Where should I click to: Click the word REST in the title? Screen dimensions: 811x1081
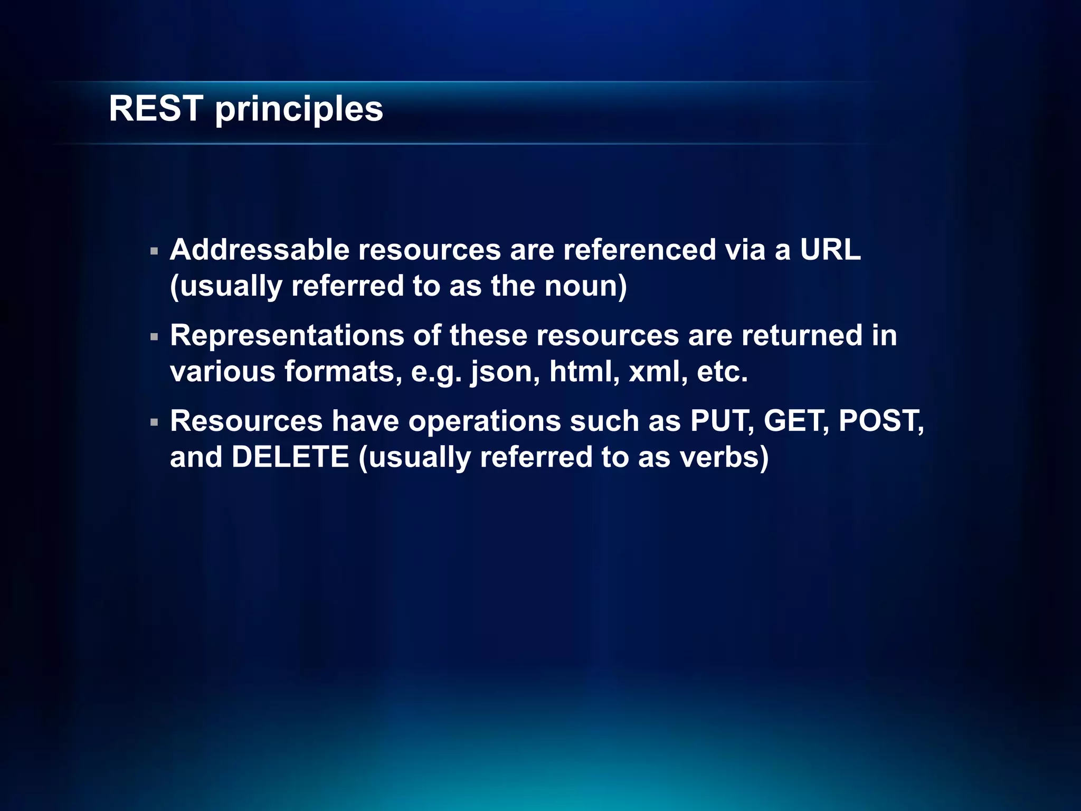tap(156, 109)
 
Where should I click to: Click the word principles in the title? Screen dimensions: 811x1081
tap(299, 111)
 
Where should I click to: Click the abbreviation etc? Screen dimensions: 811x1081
tap(722, 371)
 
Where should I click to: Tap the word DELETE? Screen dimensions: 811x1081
tap(290, 457)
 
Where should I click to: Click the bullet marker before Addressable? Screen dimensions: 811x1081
tap(154, 251)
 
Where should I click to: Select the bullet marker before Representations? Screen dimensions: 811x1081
tap(154, 337)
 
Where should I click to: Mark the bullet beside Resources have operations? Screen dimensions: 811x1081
tap(154, 422)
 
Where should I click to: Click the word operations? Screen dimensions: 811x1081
tap(485, 422)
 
